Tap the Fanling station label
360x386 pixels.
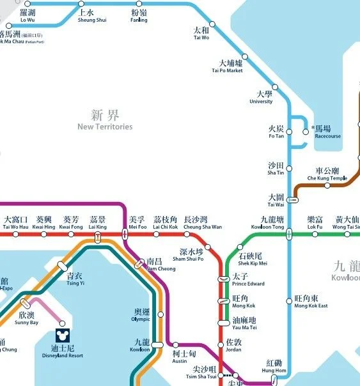click(x=139, y=16)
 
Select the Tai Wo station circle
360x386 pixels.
click(x=213, y=24)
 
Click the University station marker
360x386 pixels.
click(x=276, y=87)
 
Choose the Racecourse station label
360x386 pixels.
click(x=327, y=132)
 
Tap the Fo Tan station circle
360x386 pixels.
click(x=287, y=132)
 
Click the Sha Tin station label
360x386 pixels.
click(x=276, y=169)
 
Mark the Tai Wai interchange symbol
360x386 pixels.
click(x=293, y=200)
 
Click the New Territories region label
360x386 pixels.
click(x=105, y=120)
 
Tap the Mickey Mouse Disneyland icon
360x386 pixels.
click(x=63, y=334)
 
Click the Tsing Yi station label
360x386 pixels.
click(x=75, y=279)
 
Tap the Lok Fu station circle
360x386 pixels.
click(x=315, y=235)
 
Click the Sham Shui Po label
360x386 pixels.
click(x=188, y=254)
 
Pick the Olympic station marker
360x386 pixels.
click(x=160, y=314)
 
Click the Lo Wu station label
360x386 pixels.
click(x=27, y=16)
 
